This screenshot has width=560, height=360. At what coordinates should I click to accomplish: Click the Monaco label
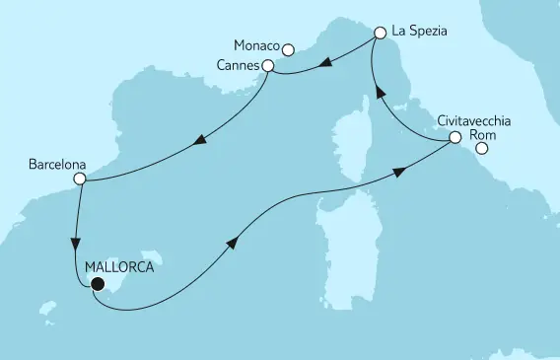coord(256,47)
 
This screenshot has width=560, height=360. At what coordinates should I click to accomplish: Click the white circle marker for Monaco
coord(288,49)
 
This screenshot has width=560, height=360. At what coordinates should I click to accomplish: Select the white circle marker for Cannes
coord(267,65)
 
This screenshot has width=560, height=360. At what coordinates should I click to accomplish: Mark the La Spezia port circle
coord(380,33)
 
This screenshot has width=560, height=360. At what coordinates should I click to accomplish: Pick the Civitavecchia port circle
coord(455,139)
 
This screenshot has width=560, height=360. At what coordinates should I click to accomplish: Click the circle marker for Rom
coord(482,150)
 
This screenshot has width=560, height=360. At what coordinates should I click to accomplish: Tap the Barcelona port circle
coord(81,180)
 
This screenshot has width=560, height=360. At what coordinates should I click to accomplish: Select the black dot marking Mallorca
coord(97,285)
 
